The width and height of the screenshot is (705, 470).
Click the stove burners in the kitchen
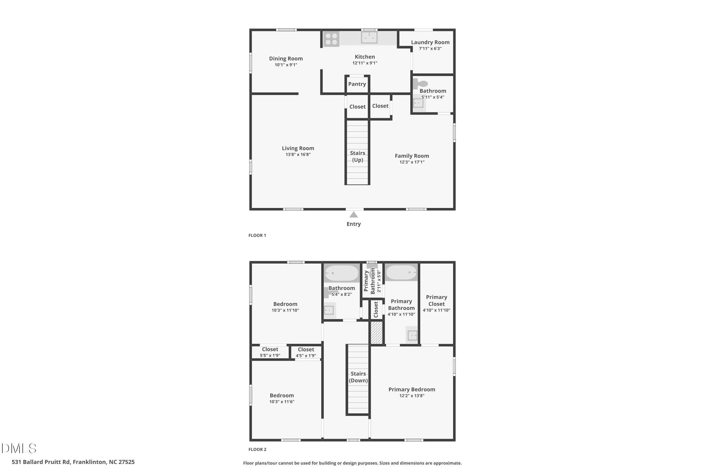click(331, 39)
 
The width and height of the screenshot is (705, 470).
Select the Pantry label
click(357, 84)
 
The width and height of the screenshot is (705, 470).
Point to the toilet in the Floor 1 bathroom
click(420, 84)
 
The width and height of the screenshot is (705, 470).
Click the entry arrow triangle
click(354, 214)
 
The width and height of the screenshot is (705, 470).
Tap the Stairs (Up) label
click(358, 157)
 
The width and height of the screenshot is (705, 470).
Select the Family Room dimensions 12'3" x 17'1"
click(412, 162)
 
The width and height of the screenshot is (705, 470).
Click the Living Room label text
click(298, 148)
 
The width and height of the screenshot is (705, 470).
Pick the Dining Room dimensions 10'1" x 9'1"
click(286, 65)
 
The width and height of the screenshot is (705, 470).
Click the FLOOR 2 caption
click(257, 449)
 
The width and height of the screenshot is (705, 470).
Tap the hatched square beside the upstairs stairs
click(376, 333)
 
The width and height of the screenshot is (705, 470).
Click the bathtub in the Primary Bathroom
click(401, 272)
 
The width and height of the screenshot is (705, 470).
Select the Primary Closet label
click(436, 300)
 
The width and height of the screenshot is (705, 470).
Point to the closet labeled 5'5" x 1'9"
click(270, 352)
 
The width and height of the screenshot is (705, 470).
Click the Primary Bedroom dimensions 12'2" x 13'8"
click(412, 396)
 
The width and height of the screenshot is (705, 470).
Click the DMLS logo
click(19, 448)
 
